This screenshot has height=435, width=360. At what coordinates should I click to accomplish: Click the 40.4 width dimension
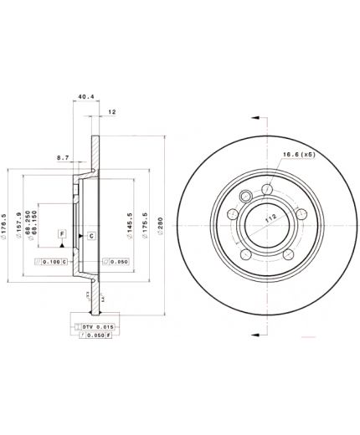[x=84, y=96]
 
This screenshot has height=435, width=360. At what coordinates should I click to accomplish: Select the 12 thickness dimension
[x=111, y=111]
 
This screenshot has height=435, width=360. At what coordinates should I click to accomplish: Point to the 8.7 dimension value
[x=63, y=156]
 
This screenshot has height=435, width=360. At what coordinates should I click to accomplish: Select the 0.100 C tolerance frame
[x=52, y=262]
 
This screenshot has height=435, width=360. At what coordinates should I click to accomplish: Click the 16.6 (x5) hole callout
[x=298, y=154]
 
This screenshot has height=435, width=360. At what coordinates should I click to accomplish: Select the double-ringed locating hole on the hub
[x=247, y=197]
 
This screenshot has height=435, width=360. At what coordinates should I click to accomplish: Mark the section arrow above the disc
[x=254, y=119]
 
